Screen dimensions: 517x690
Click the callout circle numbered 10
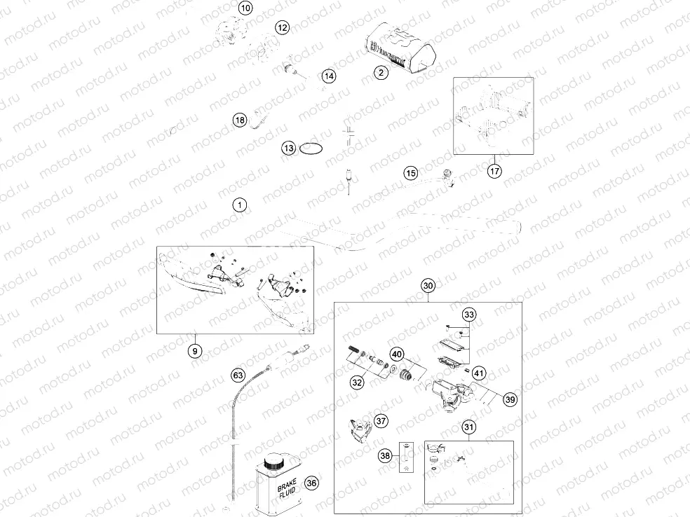pyautogui.click(x=244, y=9)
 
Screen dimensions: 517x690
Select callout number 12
pyautogui.click(x=282, y=28)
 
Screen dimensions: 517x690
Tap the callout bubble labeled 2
pyautogui.click(x=380, y=72)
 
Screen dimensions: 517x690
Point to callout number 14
pyautogui.click(x=329, y=76)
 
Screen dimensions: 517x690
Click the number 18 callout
pyautogui.click(x=240, y=120)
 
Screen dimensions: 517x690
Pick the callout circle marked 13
pyautogui.click(x=289, y=148)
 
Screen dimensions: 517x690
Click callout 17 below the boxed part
pyautogui.click(x=494, y=170)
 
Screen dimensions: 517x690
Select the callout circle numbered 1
pyautogui.click(x=240, y=205)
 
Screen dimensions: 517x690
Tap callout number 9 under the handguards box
pyautogui.click(x=196, y=351)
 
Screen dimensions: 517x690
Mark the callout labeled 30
pyautogui.click(x=428, y=285)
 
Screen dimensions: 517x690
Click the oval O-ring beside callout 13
pyautogui.click(x=311, y=149)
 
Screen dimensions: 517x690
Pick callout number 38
pyautogui.click(x=385, y=455)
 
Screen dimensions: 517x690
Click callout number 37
pyautogui.click(x=381, y=421)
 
